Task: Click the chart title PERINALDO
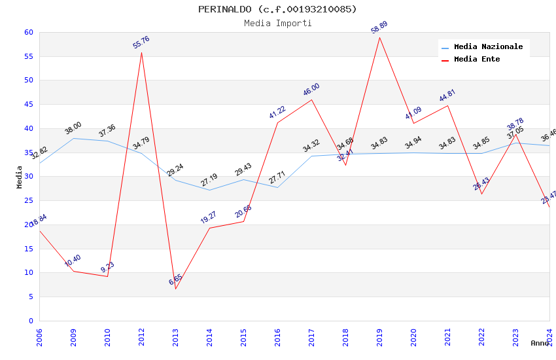pos(278,9)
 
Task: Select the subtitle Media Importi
pos(278,23)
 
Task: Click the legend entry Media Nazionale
pos(488,47)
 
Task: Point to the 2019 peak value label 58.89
pos(379,27)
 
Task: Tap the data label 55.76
pos(141,43)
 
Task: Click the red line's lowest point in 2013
pos(175,289)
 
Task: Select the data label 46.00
pos(311,90)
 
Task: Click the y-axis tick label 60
pos(28,32)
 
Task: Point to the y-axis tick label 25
pos(28,200)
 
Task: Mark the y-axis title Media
pos(20,177)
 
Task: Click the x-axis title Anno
pos(540,343)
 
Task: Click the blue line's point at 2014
pos(209,190)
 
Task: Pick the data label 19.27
pos(209,217)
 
